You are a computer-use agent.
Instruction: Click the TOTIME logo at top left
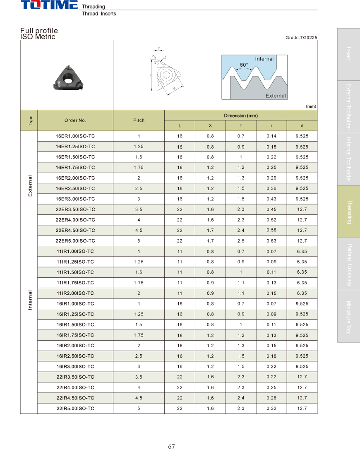point(49,5)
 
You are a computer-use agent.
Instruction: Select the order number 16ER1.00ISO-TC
point(75,136)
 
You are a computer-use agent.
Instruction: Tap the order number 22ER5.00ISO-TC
point(75,241)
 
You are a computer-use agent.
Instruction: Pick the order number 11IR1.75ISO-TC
point(75,283)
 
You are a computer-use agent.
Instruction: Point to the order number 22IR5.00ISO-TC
point(75,409)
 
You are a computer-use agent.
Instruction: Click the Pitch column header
point(139,120)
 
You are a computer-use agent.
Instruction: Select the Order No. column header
point(75,120)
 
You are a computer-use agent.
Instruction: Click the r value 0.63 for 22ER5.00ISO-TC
point(271,241)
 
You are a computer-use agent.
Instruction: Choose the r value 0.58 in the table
point(271,230)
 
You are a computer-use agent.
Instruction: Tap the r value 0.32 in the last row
point(271,409)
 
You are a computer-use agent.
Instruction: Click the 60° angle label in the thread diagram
point(244,65)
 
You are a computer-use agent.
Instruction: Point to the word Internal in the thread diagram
point(264,59)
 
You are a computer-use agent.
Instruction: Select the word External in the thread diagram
point(276,96)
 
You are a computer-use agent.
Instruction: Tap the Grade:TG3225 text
point(301,38)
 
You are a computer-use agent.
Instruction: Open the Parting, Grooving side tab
point(348,264)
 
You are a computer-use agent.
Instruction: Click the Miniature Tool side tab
point(348,317)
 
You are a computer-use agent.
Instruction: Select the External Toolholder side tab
point(348,107)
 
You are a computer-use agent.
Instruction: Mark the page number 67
point(171,446)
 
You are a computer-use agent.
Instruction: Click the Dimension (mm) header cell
point(241,115)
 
